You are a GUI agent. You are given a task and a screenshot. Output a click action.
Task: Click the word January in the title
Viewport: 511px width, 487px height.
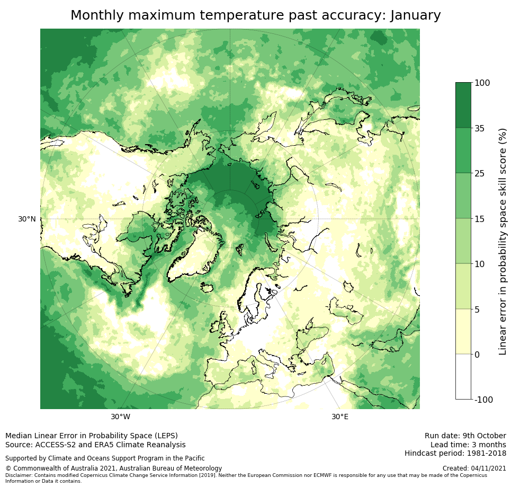(415, 15)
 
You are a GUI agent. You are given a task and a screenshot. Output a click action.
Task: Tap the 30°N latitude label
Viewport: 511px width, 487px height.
(27, 219)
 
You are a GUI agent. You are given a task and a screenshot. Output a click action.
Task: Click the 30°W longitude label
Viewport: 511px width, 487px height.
(121, 417)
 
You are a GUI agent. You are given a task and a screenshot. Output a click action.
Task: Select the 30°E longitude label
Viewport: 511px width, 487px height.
(340, 417)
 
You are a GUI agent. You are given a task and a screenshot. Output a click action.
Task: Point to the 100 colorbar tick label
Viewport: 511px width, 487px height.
(482, 83)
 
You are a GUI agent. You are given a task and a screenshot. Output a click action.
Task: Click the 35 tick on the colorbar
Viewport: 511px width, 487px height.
(480, 128)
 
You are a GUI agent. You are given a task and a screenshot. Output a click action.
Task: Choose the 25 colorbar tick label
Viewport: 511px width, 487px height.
(480, 173)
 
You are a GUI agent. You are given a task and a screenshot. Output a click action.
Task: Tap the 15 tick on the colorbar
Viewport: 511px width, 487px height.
(480, 219)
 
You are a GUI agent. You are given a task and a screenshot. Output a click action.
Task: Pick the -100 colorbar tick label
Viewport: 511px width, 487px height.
(483, 400)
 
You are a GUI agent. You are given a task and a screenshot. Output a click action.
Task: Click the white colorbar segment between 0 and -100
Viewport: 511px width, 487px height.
(463, 376)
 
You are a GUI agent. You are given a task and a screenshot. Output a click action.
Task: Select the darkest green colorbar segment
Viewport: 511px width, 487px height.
(463, 105)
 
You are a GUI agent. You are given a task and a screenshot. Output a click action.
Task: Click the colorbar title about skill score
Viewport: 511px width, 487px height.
(503, 241)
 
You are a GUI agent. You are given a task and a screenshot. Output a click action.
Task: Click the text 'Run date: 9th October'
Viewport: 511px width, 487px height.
(465, 436)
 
